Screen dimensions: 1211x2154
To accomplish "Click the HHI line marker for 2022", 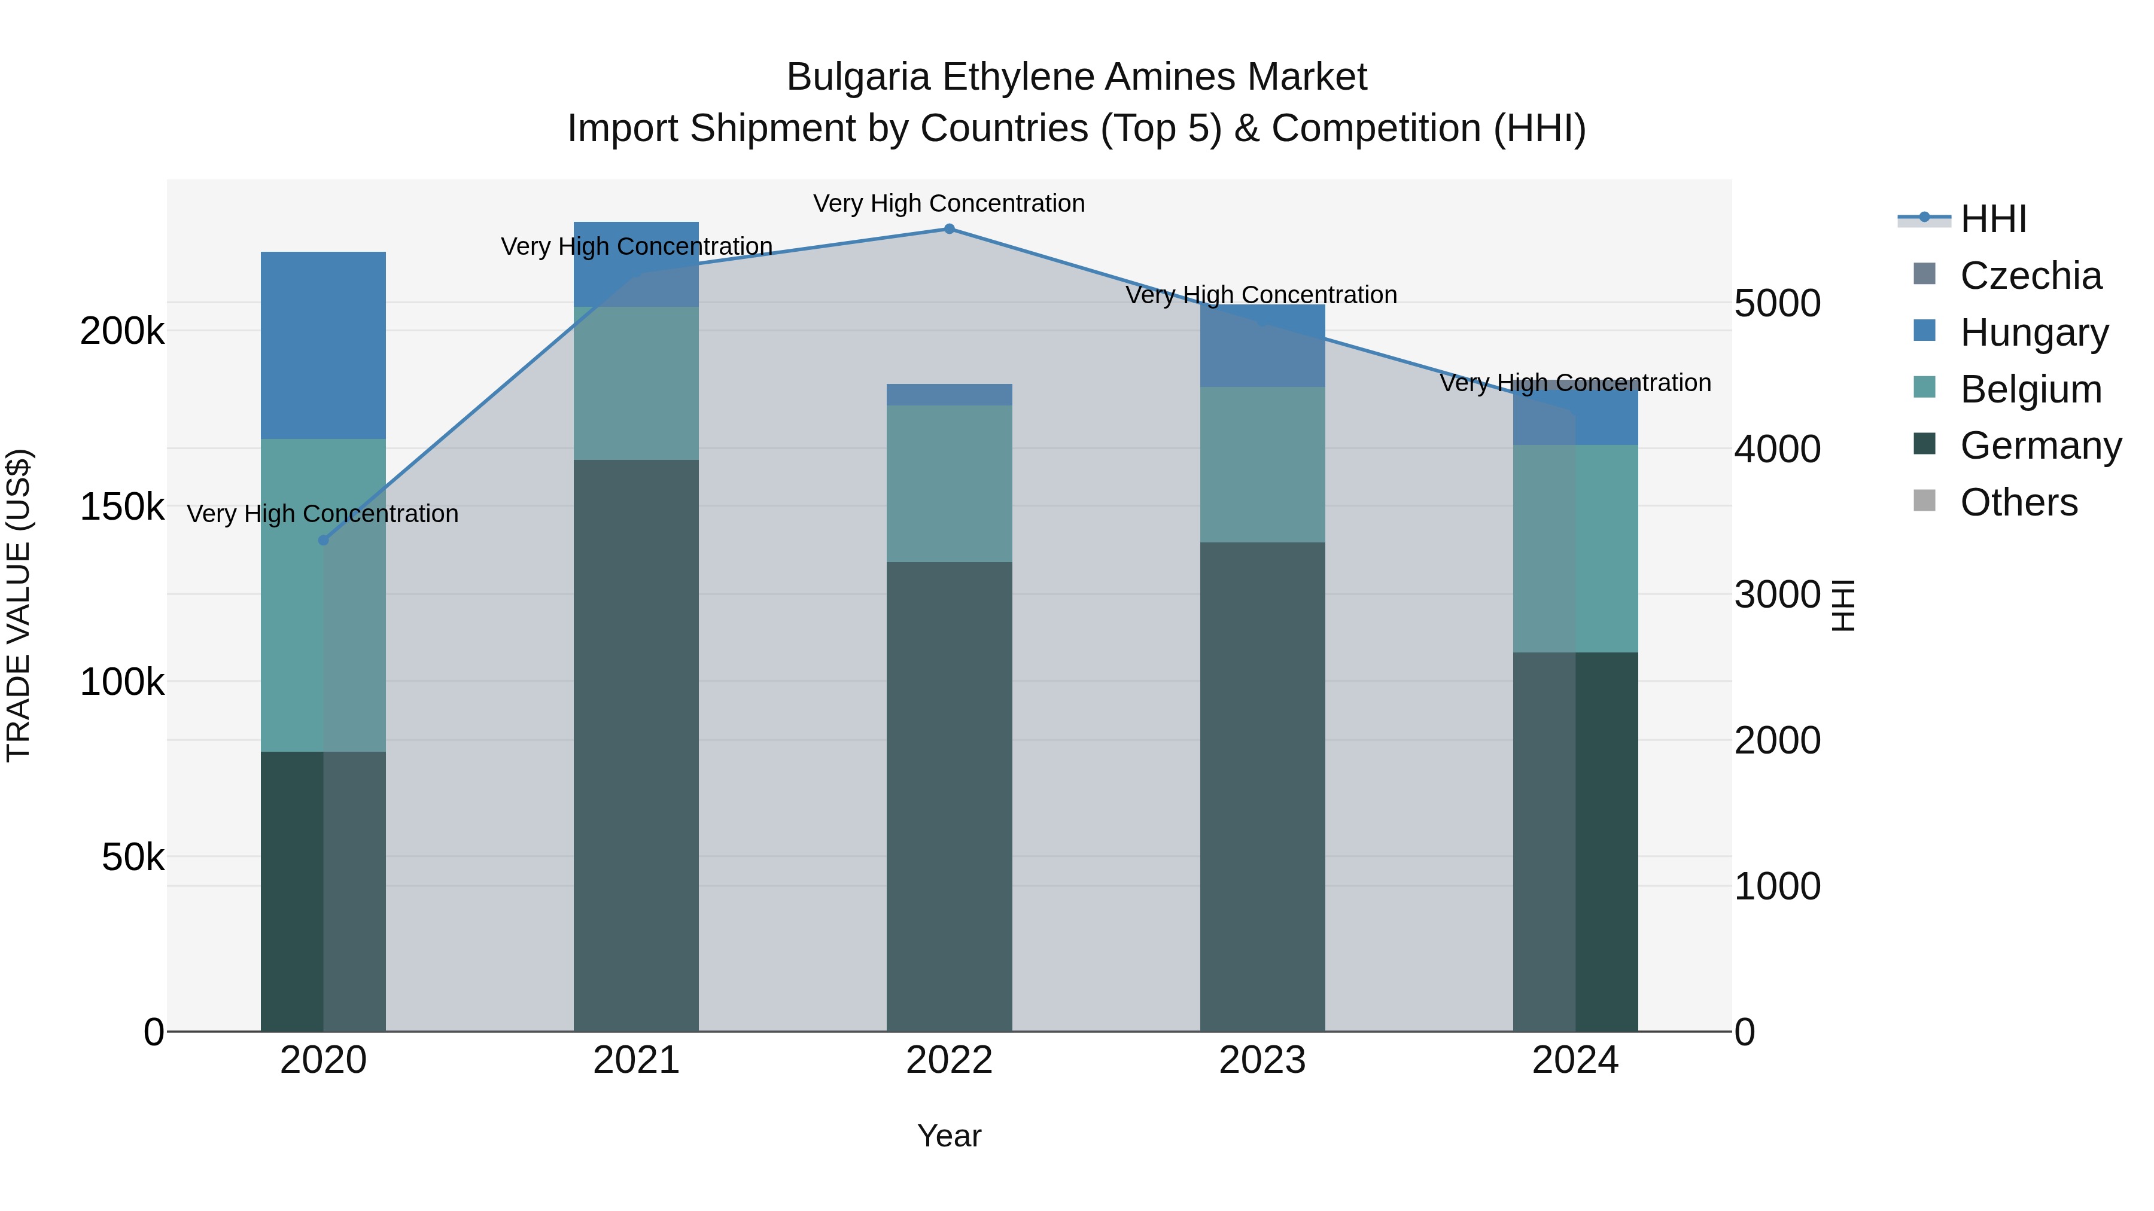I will tap(949, 229).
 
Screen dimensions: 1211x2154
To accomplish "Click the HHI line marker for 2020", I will tap(324, 541).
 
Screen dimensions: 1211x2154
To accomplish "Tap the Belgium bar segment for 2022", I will tap(949, 483).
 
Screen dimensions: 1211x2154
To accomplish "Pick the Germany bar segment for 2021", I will tap(635, 744).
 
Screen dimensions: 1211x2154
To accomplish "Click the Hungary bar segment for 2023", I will tap(1262, 345).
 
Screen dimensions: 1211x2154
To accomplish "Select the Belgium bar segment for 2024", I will tap(1575, 548).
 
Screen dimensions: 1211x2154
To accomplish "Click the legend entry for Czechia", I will tap(2030, 276).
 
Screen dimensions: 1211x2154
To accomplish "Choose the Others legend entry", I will tap(2019, 502).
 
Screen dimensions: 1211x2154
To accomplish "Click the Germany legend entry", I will tap(2040, 446).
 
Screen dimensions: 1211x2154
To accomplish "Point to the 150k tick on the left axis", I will tap(122, 507).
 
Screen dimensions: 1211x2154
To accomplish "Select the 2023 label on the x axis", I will tap(1262, 1060).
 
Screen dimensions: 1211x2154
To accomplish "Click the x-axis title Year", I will tap(949, 1136).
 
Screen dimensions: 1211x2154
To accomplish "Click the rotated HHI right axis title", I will tap(1843, 605).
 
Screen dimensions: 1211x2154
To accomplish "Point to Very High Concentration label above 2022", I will tap(949, 203).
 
